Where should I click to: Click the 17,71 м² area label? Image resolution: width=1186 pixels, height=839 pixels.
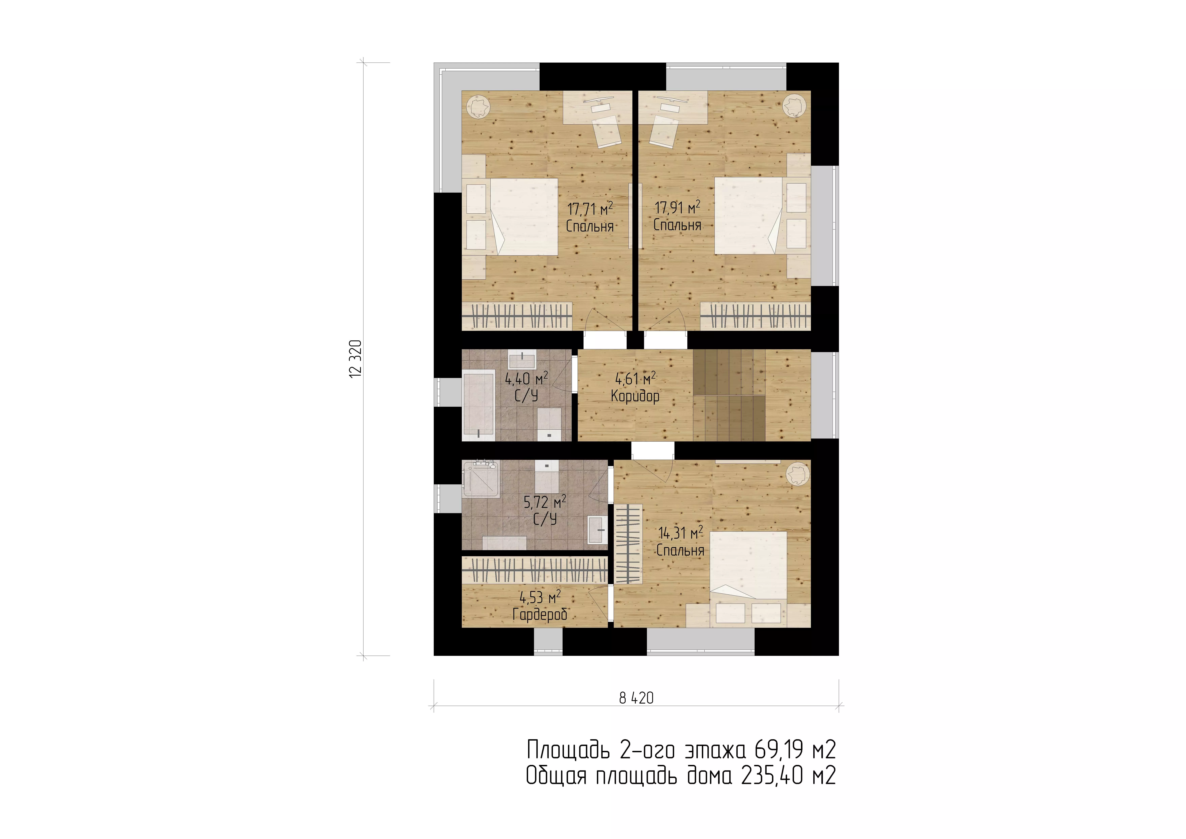pyautogui.click(x=590, y=209)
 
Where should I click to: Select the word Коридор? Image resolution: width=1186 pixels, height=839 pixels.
pyautogui.click(x=635, y=396)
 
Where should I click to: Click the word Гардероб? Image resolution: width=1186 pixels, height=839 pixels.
pyautogui.click(x=540, y=614)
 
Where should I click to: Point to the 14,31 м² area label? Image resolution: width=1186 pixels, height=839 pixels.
pyautogui.click(x=680, y=532)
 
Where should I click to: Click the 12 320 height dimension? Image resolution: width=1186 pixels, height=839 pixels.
pyautogui.click(x=356, y=359)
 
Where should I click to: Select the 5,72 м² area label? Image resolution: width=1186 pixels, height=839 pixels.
pyautogui.click(x=545, y=501)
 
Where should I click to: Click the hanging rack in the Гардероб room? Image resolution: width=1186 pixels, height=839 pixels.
pyautogui.click(x=534, y=571)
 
